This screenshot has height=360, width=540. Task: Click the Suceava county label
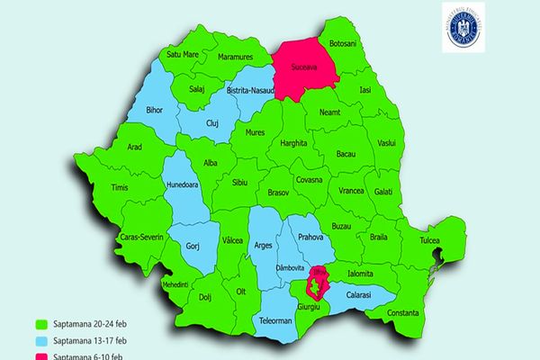(302, 67)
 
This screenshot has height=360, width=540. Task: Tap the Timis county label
(119, 187)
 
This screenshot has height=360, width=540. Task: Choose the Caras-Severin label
(139, 238)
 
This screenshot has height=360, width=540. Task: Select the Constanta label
(401, 312)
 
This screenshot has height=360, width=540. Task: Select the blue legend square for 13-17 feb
(40, 339)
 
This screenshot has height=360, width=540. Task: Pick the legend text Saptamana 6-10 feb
(90, 355)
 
